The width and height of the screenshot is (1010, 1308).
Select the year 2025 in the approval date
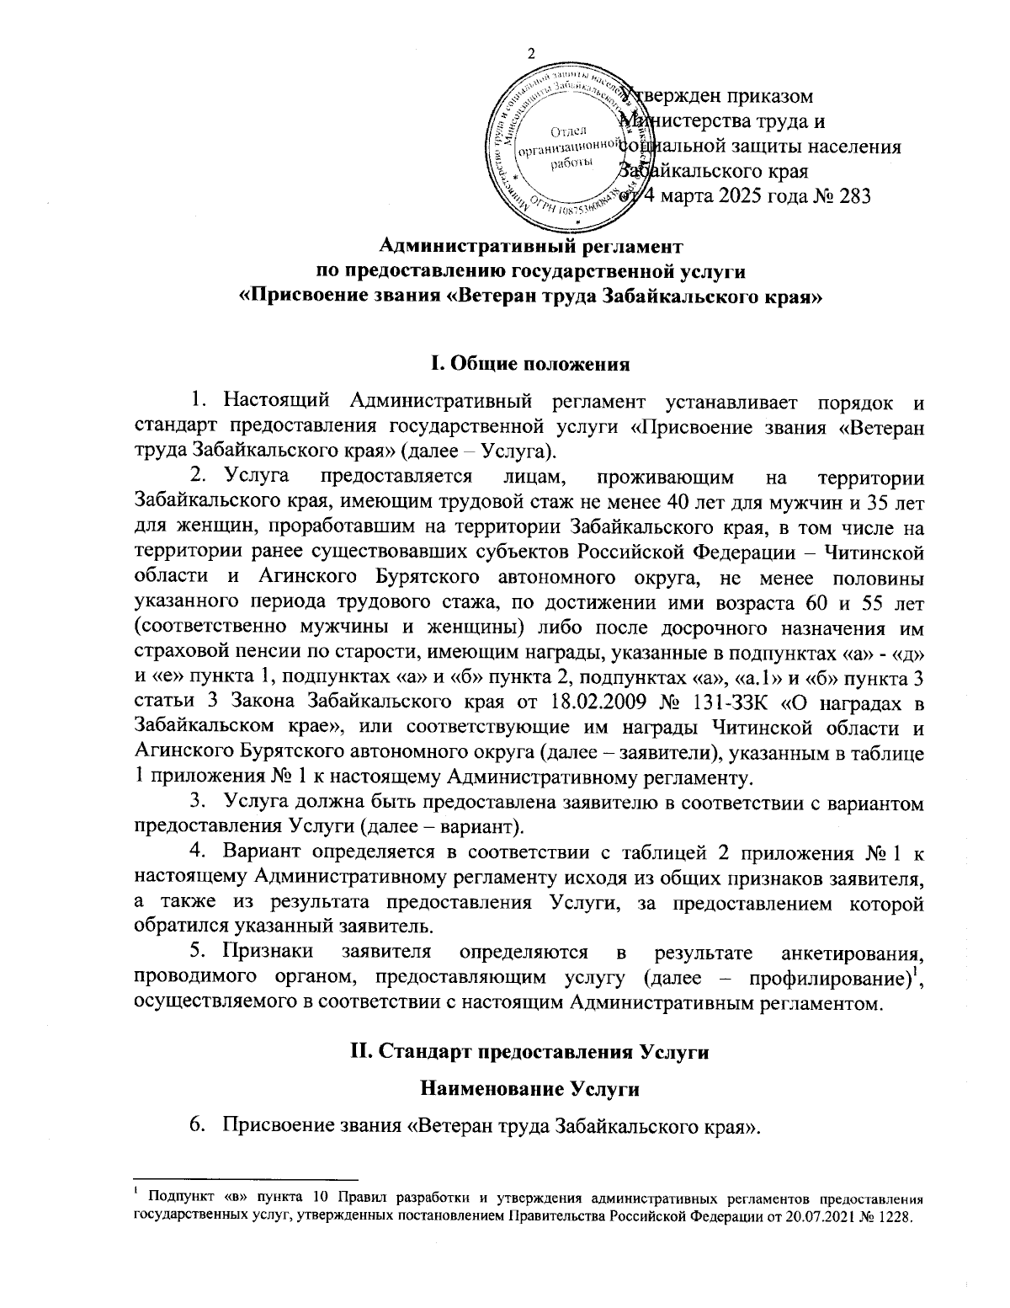[x=727, y=196]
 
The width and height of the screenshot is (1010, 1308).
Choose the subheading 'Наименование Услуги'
[x=529, y=1089]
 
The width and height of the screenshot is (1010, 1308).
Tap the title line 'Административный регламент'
[x=530, y=247]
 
